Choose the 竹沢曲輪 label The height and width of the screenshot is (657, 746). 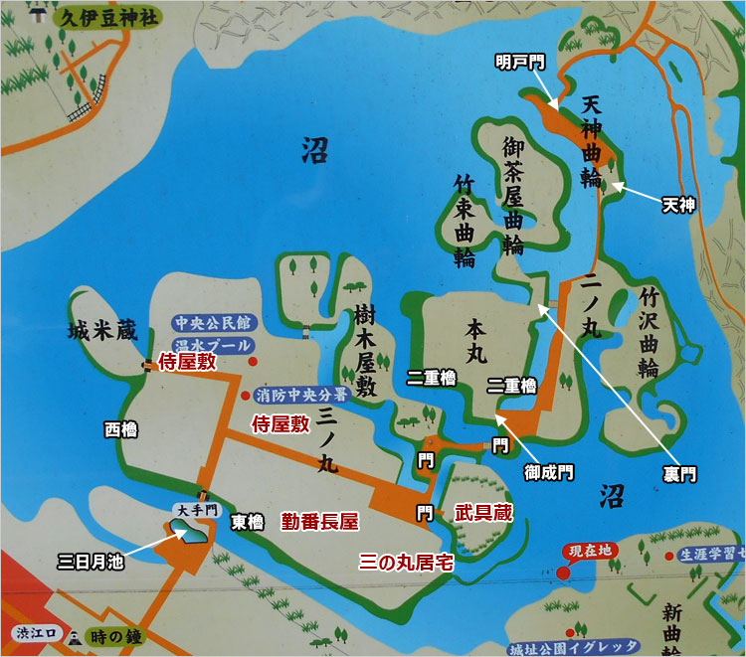point(650,333)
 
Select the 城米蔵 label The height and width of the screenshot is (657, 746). point(102,332)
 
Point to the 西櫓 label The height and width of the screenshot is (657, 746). point(120,429)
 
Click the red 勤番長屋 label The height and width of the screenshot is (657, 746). point(319,520)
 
